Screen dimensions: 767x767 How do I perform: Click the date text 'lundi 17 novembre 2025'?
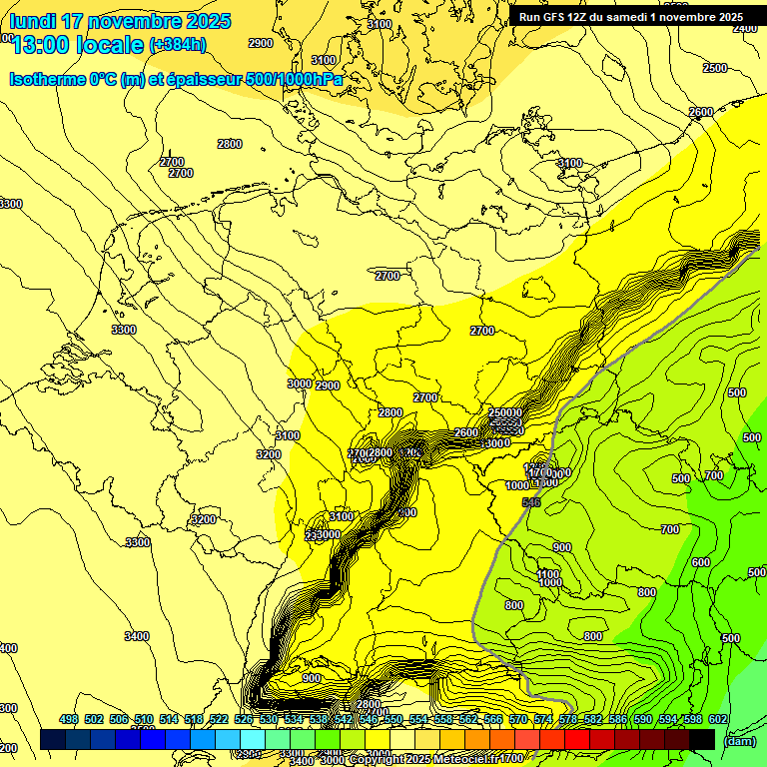point(120,21)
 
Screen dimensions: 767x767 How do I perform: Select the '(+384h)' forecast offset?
point(178,44)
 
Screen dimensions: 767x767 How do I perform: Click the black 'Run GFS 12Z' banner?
point(630,17)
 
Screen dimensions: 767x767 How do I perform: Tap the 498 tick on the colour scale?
point(69,719)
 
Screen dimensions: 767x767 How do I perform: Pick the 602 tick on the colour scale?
point(717,719)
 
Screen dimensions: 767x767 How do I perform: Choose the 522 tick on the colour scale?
point(219,719)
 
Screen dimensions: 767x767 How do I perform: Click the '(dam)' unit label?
point(739,740)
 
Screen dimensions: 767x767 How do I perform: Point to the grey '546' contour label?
point(531,502)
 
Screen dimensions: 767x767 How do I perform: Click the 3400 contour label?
point(137,636)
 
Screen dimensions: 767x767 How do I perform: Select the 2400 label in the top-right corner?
point(745,28)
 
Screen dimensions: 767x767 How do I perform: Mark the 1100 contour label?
point(549,574)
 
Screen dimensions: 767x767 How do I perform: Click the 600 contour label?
point(701,562)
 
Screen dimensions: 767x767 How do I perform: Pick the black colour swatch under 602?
point(702,739)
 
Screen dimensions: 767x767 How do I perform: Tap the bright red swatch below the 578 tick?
point(577,739)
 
